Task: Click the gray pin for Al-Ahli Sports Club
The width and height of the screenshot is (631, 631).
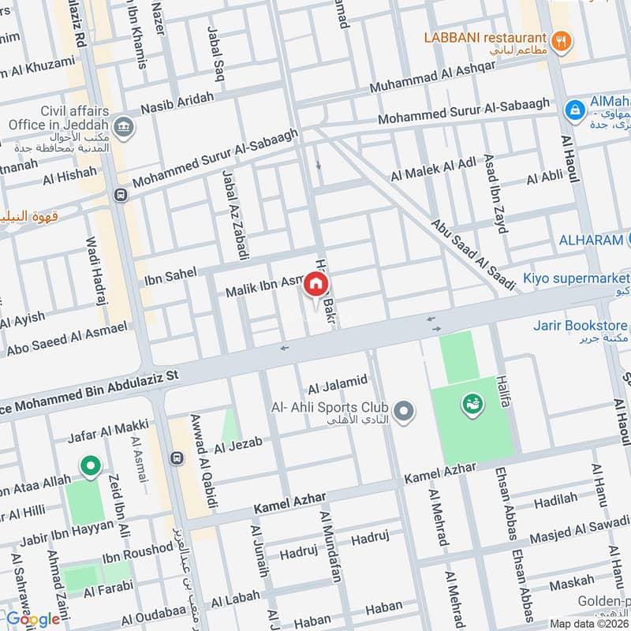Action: (x=404, y=411)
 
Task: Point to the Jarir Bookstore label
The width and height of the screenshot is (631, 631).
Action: (x=581, y=326)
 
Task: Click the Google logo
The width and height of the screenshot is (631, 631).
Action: (x=33, y=619)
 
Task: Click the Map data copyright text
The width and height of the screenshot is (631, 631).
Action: (x=588, y=623)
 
